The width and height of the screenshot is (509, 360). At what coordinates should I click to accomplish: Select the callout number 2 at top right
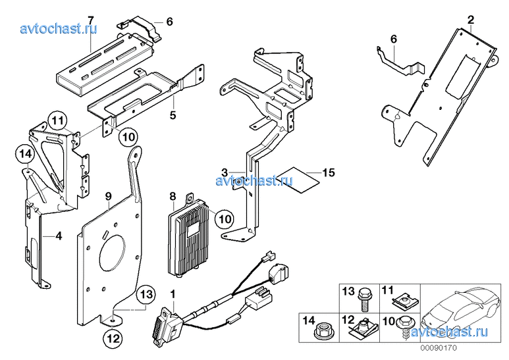(x=470, y=20)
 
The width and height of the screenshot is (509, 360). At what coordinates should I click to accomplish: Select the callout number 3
(x=225, y=172)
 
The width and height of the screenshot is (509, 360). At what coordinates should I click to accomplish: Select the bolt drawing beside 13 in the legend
(x=364, y=299)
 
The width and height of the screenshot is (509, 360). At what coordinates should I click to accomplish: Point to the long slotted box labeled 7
(x=105, y=61)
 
